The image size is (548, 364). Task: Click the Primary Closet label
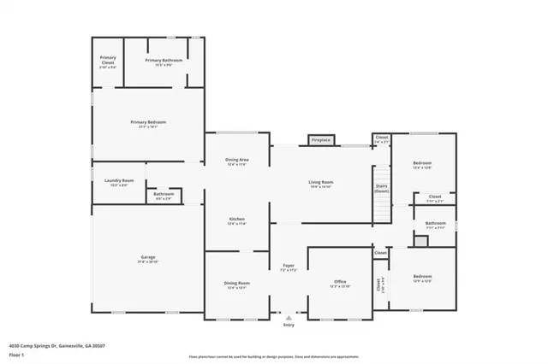108,60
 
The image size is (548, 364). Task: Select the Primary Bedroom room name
148,122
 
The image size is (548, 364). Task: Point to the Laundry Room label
119,180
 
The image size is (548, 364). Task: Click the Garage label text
148,255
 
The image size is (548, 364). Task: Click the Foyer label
289,266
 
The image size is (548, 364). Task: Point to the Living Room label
321,182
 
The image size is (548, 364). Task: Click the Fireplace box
321,139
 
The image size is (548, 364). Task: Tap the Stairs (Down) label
382,189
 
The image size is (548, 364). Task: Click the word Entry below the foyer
289,325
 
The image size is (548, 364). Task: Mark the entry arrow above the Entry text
289,317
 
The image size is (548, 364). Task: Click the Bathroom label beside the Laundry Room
164,194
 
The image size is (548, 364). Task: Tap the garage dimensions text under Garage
148,261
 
